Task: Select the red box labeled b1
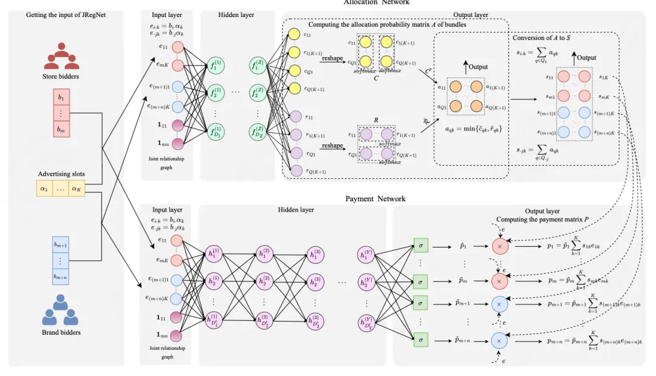pos(61,98)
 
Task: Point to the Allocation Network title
pos(376,2)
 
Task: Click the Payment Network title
pos(375,199)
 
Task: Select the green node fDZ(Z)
pos(258,130)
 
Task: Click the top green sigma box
pos(420,246)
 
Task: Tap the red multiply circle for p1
pos(499,247)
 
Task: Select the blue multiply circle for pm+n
pos(499,341)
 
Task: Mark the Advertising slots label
pos(61,174)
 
